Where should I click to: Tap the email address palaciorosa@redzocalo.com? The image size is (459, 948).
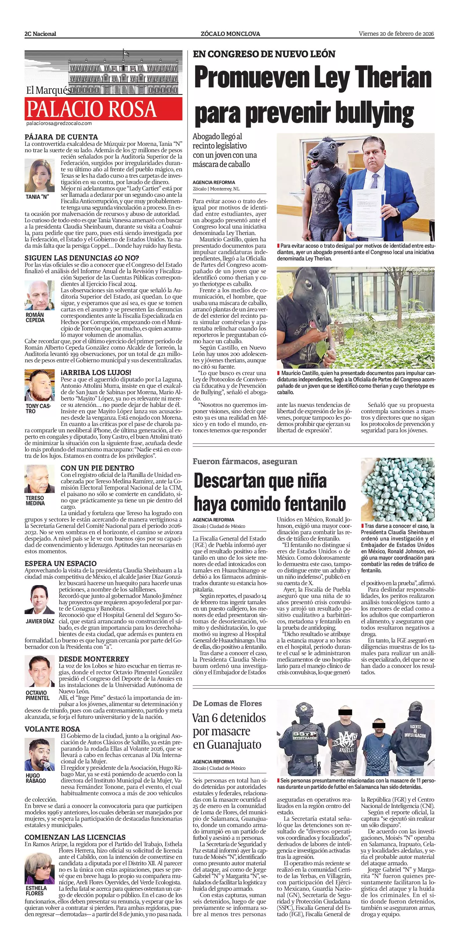tap(59, 124)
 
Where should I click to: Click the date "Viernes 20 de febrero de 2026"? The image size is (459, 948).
tap(397, 34)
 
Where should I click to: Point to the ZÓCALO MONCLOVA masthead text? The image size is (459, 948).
tap(230, 34)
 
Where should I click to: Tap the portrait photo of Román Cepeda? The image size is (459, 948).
tap(39, 295)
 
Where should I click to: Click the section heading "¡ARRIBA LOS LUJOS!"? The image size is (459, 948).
tap(96, 372)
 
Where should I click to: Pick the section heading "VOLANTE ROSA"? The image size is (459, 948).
tap(52, 729)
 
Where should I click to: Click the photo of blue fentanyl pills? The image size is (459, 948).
tap(398, 489)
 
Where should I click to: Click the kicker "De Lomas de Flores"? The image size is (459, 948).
tap(227, 703)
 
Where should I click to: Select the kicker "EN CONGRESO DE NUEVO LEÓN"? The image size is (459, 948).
tap(264, 54)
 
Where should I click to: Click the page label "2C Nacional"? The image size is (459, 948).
tap(40, 34)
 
